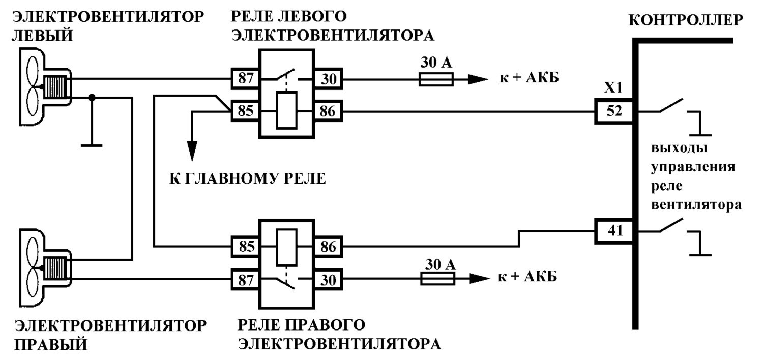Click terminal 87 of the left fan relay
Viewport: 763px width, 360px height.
245,79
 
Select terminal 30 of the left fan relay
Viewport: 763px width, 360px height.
329,79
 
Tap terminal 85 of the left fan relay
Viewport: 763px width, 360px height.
245,111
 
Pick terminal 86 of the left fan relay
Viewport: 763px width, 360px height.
329,111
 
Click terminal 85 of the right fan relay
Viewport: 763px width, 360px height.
245,246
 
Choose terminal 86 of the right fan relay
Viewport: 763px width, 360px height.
329,247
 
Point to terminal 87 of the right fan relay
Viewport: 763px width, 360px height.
245,280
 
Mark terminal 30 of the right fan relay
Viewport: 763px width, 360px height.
329,280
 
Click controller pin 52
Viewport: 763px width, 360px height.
614,111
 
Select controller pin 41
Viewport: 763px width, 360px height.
614,231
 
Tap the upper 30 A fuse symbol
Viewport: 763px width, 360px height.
436,79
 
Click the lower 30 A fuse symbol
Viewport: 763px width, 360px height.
437,279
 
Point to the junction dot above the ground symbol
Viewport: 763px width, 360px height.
92,98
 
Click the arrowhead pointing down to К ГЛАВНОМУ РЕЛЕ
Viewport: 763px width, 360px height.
192,150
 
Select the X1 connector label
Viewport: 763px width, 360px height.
613,88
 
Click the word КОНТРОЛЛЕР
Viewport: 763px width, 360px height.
686,20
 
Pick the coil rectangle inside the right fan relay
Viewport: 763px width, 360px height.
286,247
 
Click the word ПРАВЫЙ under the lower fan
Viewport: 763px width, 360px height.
51,345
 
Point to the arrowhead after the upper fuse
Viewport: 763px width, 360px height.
478,79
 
